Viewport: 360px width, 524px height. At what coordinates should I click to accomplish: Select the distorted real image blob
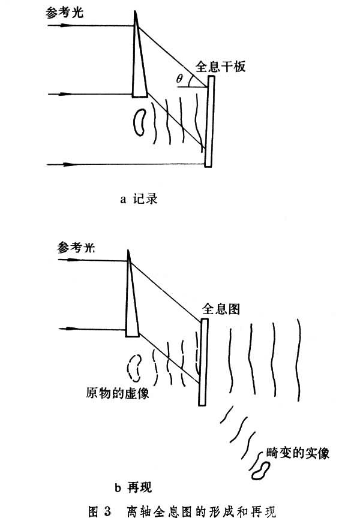pos(262,469)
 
